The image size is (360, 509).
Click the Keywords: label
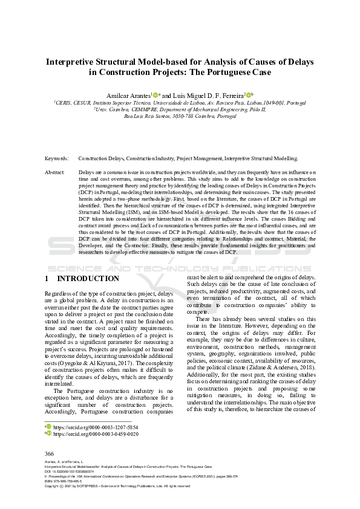pos(57,158)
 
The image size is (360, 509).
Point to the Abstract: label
pos(55,173)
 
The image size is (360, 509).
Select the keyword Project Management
pos(199,158)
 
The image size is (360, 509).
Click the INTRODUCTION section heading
pos(88,279)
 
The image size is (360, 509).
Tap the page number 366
pos(50,453)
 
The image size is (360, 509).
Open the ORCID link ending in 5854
pos(96,427)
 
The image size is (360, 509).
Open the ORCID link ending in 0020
pos(96,434)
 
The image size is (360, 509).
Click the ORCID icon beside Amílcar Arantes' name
pos(155,94)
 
